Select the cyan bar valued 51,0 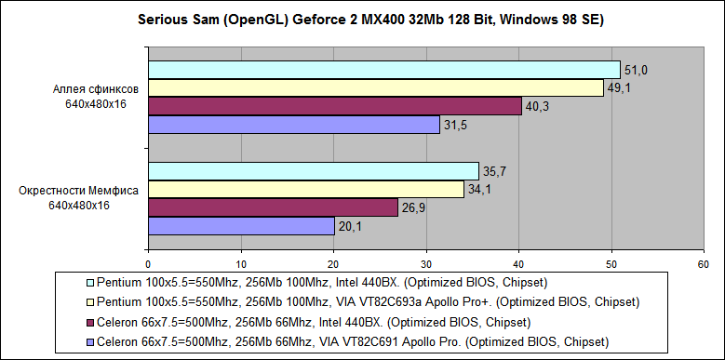[383, 70]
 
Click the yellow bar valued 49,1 [376, 87]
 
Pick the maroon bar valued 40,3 [335, 106]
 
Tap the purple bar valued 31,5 [294, 124]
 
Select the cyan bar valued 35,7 [314, 171]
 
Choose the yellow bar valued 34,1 [306, 189]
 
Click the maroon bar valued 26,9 [273, 207]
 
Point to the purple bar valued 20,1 [241, 225]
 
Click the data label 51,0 [637, 71]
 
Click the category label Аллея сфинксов [96, 88]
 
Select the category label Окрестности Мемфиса [79, 190]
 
